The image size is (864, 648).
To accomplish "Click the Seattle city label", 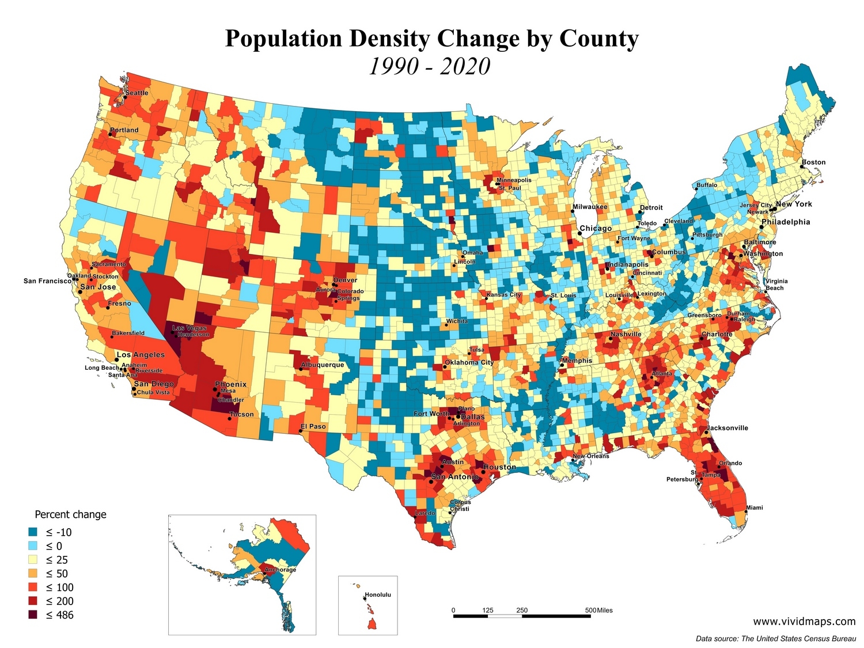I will pos(137,93).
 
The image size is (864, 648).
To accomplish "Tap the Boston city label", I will pos(814,162).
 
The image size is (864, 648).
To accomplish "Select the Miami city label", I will pos(755,507).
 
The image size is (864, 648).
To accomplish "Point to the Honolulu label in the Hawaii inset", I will pos(378,594).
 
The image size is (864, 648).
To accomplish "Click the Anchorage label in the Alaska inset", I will pos(281,570).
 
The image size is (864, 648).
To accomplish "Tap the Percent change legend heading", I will pos(70,514).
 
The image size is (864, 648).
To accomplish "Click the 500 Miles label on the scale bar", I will pos(599,610).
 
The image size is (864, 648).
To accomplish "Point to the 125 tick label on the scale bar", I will pos(488,610).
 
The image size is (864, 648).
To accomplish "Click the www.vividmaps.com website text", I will pos(804,621).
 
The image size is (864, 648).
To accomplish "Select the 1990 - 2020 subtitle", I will pos(429,67).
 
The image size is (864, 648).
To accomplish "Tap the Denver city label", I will pos(345,281).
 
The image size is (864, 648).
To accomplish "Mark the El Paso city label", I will pos(313,427).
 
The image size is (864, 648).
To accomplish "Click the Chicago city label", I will pos(596,229).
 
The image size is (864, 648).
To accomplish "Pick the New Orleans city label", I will pos(591,456).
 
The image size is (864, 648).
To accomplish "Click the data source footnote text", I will pos(775,638).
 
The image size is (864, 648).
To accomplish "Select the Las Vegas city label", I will pos(190,328).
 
